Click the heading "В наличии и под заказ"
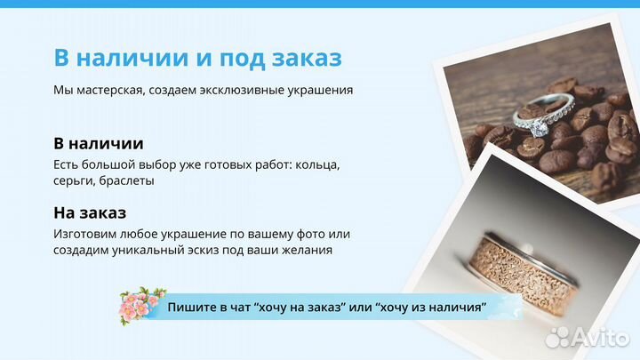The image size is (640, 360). pyautogui.click(x=197, y=58)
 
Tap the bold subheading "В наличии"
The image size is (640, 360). pyautogui.click(x=99, y=143)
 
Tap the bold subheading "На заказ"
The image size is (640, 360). pyautogui.click(x=90, y=212)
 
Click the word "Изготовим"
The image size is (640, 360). pyautogui.click(x=86, y=234)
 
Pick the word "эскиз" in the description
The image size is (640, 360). pyautogui.click(x=223, y=250)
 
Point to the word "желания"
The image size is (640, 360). pyautogui.click(x=307, y=250)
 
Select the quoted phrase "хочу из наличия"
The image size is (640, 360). pyautogui.click(x=431, y=308)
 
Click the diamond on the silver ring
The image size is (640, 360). pyautogui.click(x=538, y=130)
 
